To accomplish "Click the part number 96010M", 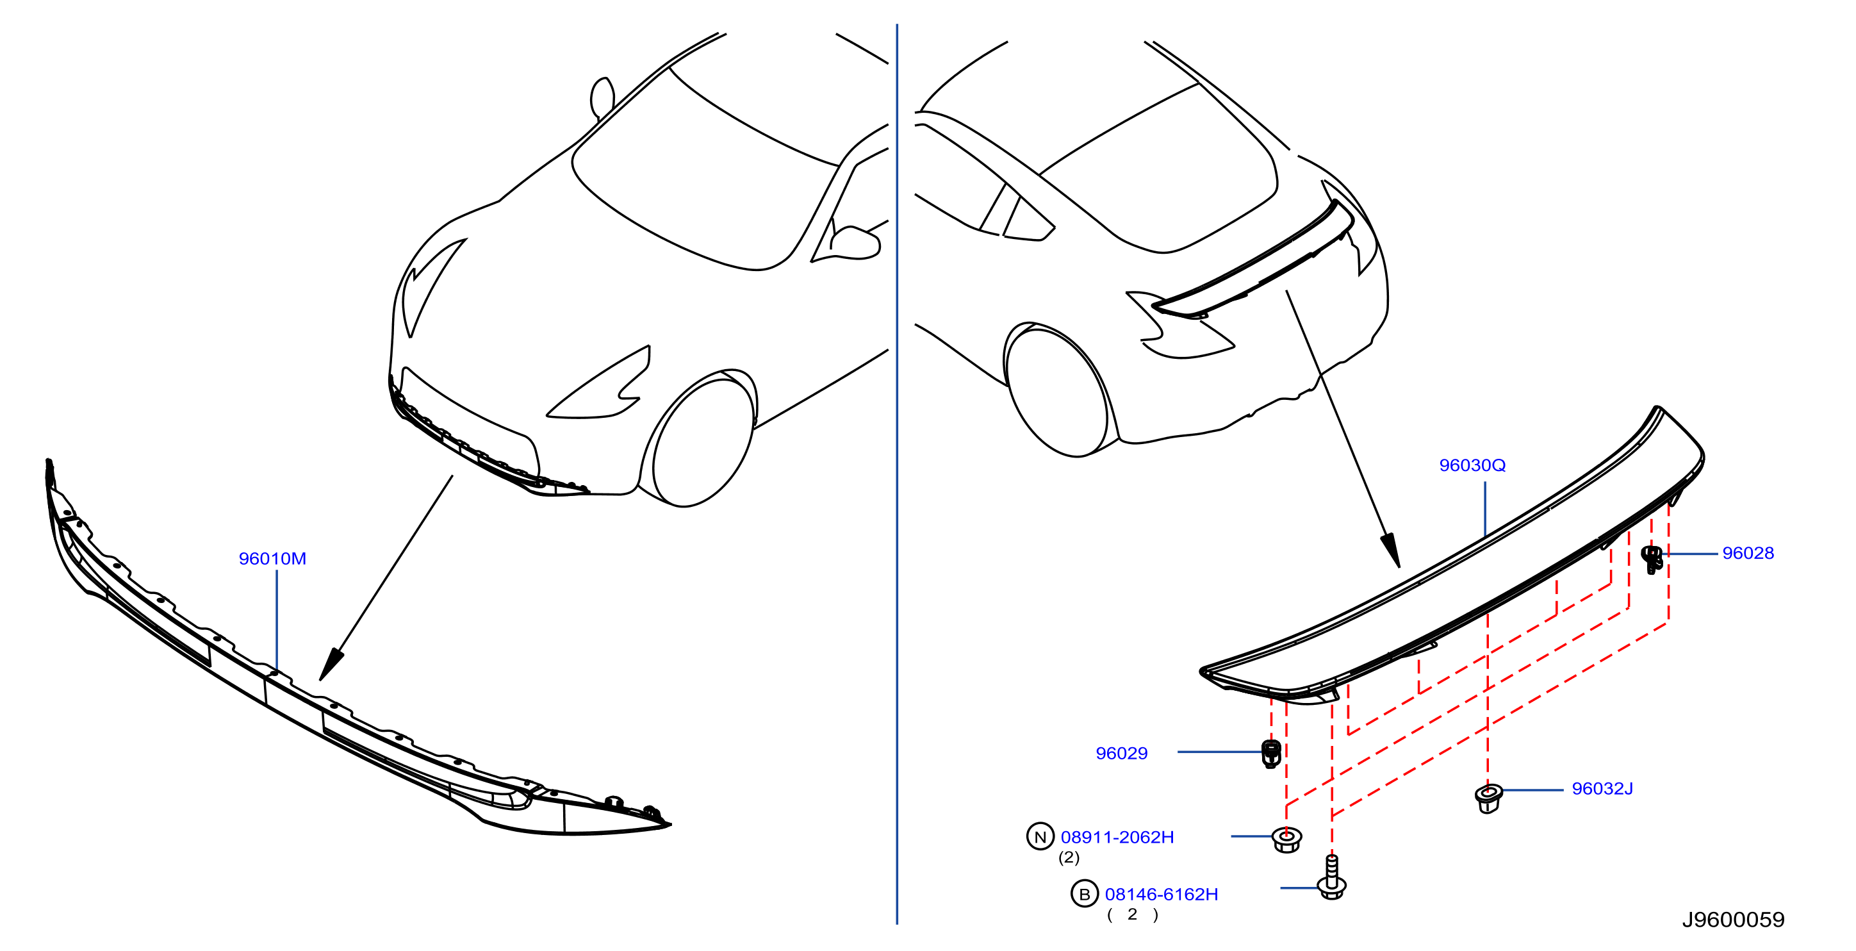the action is coord(272,558).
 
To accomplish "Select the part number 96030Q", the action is coord(1472,465).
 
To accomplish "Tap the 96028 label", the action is coord(1748,553).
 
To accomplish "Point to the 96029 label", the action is coord(1121,754).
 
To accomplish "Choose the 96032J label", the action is coord(1602,789).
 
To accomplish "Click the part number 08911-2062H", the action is coord(1117,837).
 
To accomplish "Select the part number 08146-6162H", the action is coord(1162,894).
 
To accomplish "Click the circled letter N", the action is coord(1040,836).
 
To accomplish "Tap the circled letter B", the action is coord(1085,894).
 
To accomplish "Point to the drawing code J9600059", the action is coord(1733,920).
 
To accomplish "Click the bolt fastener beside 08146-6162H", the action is coord(1331,877).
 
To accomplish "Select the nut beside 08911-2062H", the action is coord(1287,840).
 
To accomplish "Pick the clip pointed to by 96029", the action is coord(1272,754).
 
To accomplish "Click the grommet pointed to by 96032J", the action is coord(1488,798).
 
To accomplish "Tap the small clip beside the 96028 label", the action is coord(1652,559).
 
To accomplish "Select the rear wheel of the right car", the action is coord(1056,392).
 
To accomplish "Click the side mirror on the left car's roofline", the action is coord(602,98).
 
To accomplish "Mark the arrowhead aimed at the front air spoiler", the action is coord(331,665).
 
